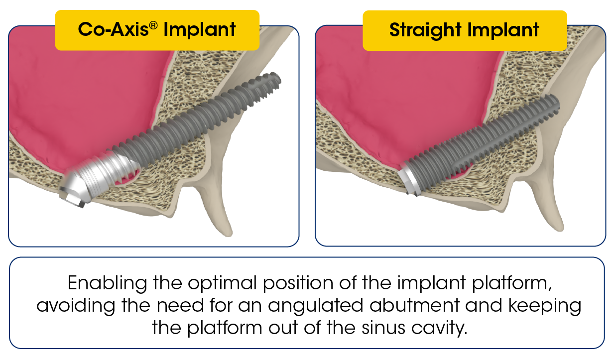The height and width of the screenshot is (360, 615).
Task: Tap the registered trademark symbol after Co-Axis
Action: (x=153, y=25)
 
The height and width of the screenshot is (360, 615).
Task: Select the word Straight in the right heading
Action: (x=425, y=30)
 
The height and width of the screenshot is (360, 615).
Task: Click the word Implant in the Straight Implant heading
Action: (x=503, y=30)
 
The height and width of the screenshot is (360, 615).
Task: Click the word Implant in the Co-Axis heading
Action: (x=200, y=30)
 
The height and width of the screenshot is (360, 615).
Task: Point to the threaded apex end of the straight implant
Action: (x=552, y=105)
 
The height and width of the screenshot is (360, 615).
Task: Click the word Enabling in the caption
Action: (x=108, y=283)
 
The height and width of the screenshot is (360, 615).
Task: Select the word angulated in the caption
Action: (x=316, y=306)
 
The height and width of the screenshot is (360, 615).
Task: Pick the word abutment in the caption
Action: (x=415, y=305)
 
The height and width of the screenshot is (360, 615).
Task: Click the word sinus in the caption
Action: (x=383, y=328)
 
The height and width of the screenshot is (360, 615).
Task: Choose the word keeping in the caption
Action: (x=545, y=306)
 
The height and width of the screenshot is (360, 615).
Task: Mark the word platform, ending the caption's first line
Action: (x=512, y=283)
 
